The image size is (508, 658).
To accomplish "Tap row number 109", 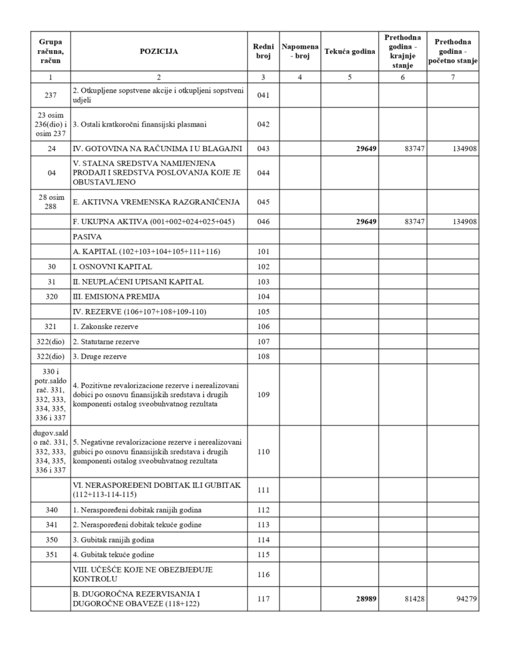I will point(263,394).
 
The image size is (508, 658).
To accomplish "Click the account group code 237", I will point(51,96).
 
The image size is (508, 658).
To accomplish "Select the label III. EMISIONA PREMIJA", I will point(116,296).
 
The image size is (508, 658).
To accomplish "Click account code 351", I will point(51,554).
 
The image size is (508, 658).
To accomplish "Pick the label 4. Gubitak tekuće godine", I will point(113,554).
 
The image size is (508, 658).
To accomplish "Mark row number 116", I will point(263,574).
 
